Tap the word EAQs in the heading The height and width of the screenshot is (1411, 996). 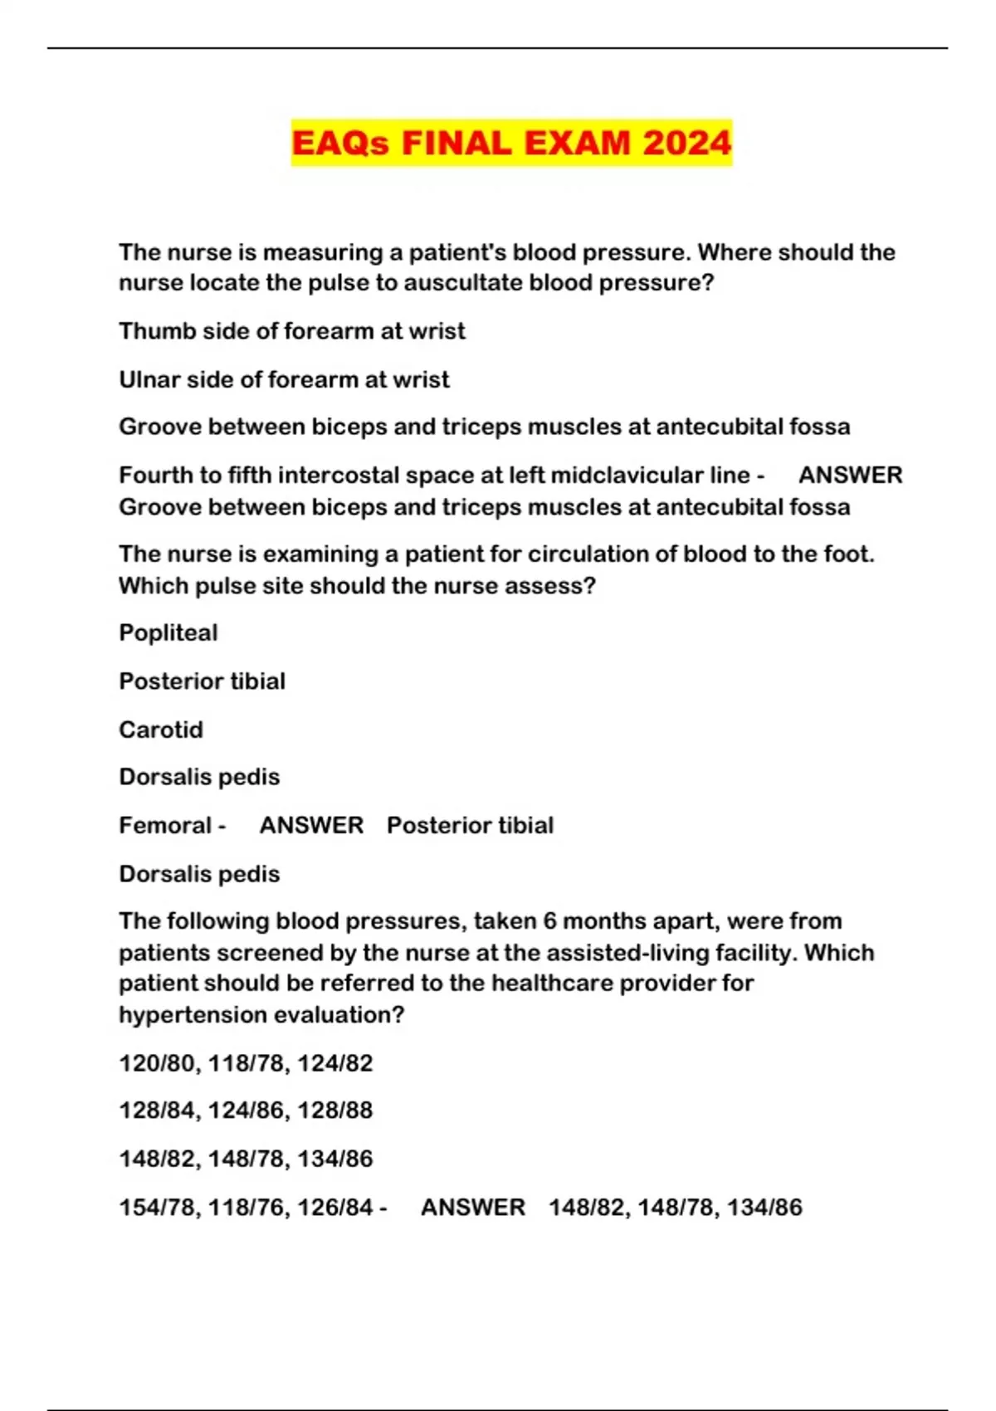pos(340,143)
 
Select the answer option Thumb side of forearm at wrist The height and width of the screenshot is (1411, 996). pos(291,331)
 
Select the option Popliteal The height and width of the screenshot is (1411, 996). pos(168,632)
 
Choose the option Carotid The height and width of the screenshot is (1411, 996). pos(160,730)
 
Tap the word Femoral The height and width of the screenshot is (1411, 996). pos(165,826)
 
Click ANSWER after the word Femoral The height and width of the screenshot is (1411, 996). pos(311,826)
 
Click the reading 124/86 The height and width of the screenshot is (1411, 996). pos(246,1111)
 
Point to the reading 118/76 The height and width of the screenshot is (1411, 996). pos(246,1208)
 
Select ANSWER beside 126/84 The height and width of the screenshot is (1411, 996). pos(472,1208)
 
